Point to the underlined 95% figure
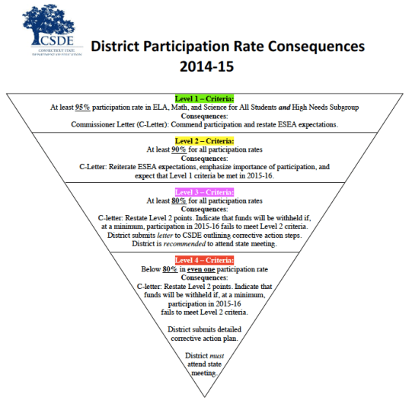[84, 108]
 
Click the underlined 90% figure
[180, 150]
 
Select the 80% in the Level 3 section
[180, 201]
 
